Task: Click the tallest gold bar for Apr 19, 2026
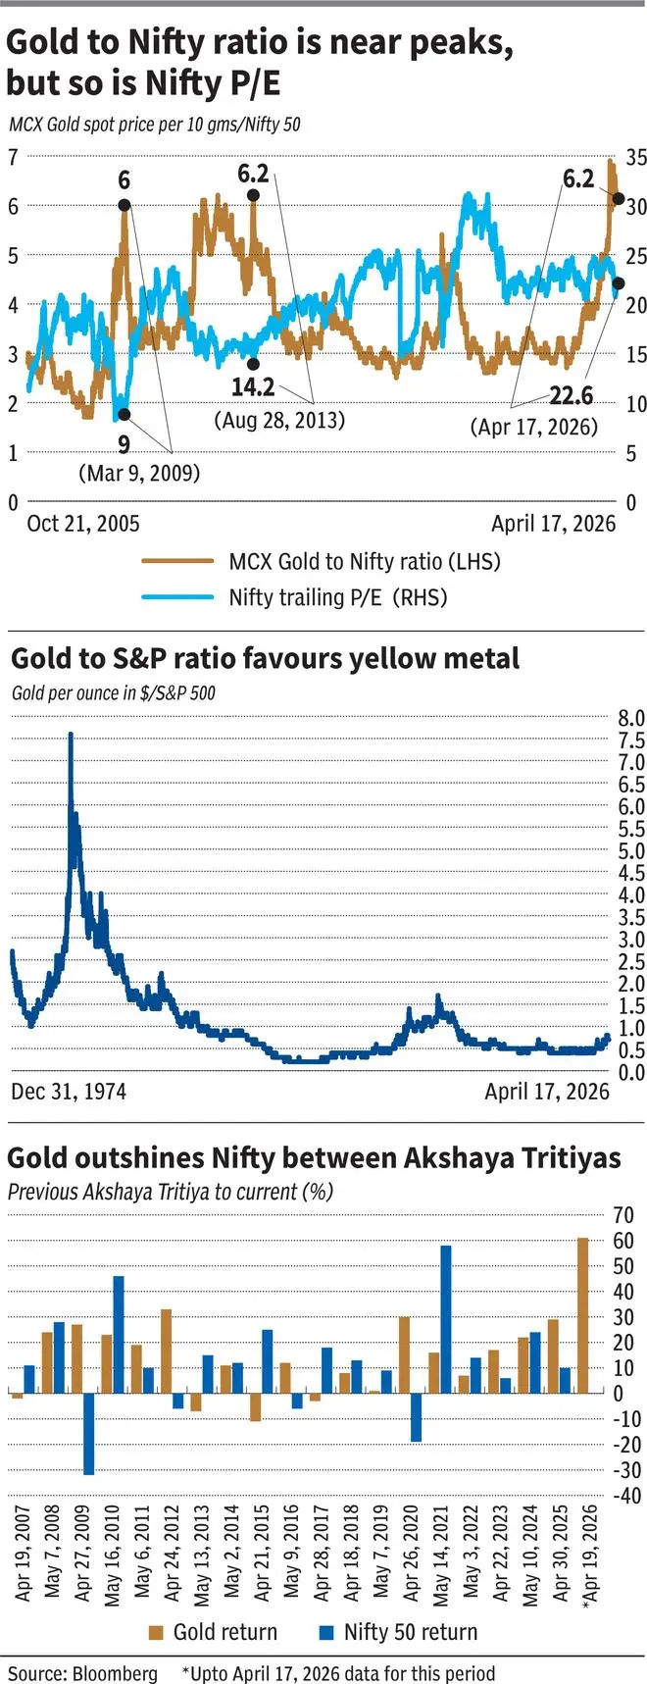click(582, 1315)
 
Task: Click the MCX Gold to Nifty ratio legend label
click(364, 561)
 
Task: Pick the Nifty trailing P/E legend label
click(338, 596)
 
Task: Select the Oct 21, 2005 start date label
click(83, 523)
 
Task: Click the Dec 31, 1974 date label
click(69, 1091)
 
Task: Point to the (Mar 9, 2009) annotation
click(139, 473)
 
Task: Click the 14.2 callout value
click(253, 386)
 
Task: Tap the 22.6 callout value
click(571, 395)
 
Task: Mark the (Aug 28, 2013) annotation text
click(279, 420)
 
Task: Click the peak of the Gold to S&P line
click(71, 734)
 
